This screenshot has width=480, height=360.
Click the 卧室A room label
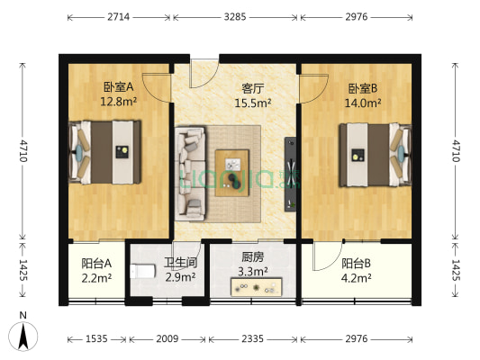pyautogui.click(x=118, y=87)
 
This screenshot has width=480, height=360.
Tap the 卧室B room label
pyautogui.click(x=363, y=89)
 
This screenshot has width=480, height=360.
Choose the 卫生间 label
pyautogui.click(x=180, y=264)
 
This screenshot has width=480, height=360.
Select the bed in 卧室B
pyautogui.click(x=374, y=155)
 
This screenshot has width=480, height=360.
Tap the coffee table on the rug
pyautogui.click(x=234, y=171)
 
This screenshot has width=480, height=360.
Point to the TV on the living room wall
pyautogui.click(x=290, y=171)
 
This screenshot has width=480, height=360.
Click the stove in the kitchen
pyautogui.click(x=258, y=288)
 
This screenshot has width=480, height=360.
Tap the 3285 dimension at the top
pyautogui.click(x=235, y=17)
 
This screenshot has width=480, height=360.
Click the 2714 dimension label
pyautogui.click(x=117, y=17)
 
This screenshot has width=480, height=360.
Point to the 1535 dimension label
pyautogui.click(x=96, y=339)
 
